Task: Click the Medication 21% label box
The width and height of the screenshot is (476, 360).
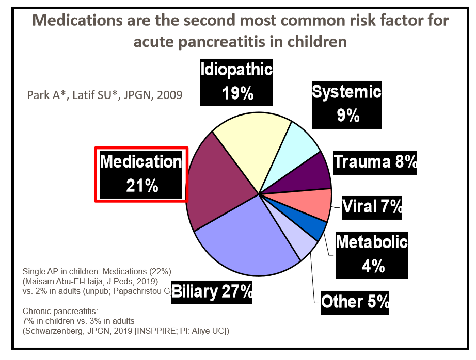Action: point(140,174)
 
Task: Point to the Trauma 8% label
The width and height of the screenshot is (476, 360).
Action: point(374,161)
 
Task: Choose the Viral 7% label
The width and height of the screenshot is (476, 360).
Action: point(372,207)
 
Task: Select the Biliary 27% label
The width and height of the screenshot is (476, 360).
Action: point(212,291)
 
